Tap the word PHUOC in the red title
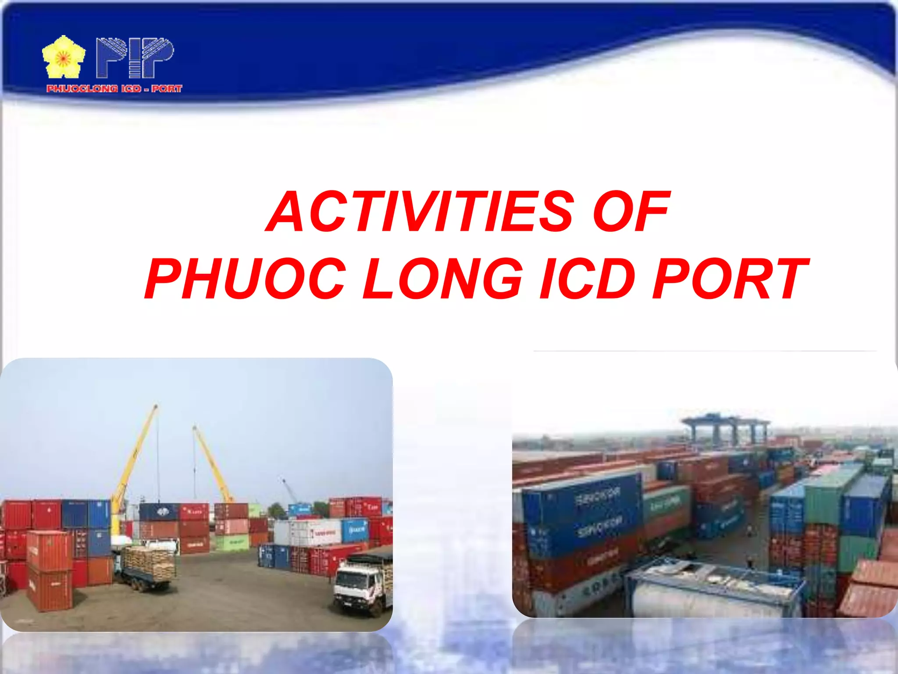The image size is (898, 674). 246,279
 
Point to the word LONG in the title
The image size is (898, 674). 443,279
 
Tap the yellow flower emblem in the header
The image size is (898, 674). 64,57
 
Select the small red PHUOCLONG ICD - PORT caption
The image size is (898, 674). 114,89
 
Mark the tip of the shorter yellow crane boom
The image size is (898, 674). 194,427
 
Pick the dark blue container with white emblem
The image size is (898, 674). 159,512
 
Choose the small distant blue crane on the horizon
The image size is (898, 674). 289,491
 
